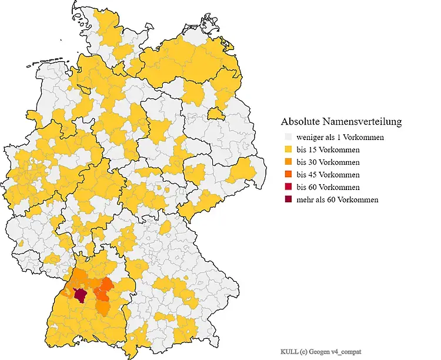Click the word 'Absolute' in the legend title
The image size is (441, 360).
pyautogui.click(x=300, y=122)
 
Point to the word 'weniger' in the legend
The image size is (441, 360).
pyautogui.click(x=310, y=138)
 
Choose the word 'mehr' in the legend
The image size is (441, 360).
pyautogui.click(x=306, y=199)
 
